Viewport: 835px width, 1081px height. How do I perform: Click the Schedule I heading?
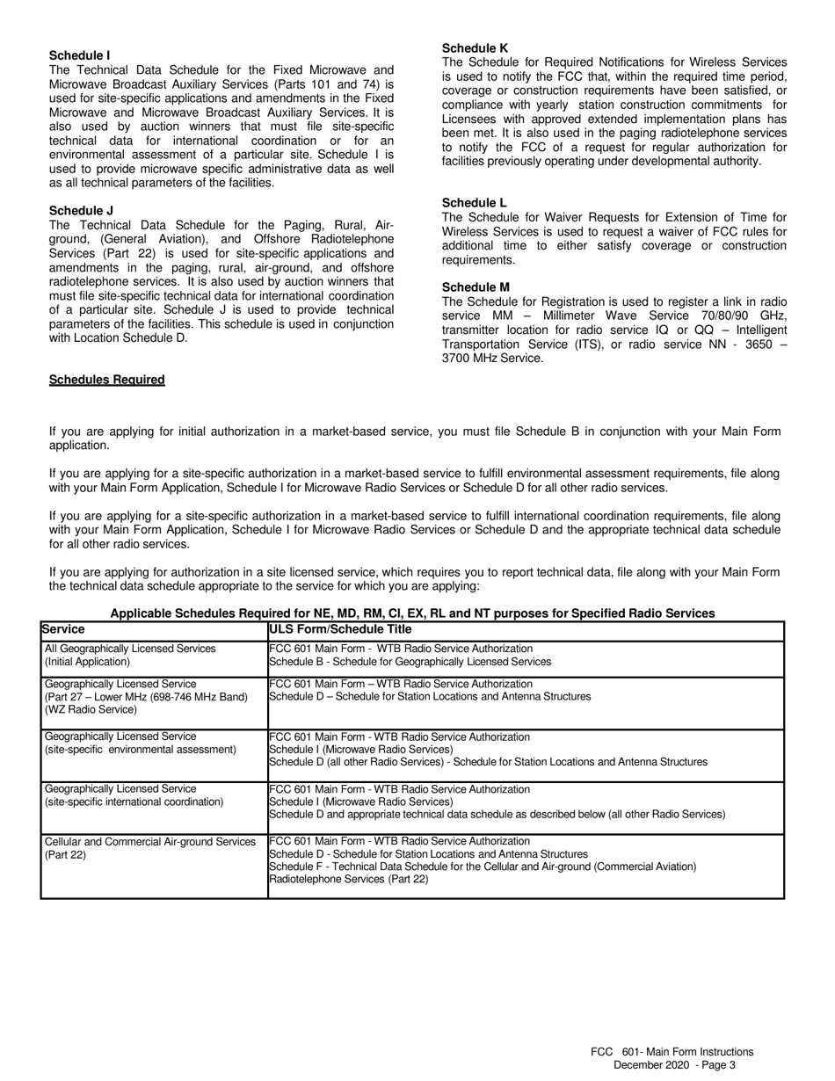click(x=80, y=55)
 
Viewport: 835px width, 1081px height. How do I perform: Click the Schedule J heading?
click(x=81, y=210)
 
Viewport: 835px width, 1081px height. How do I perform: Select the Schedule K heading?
click(x=475, y=47)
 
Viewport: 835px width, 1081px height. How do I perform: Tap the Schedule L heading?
click(x=474, y=202)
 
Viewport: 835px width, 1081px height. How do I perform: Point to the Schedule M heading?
click(x=476, y=287)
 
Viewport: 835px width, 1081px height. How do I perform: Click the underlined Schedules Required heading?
click(x=106, y=380)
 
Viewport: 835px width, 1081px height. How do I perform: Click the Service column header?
click(x=63, y=629)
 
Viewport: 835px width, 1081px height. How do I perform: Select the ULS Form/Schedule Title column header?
click(x=340, y=629)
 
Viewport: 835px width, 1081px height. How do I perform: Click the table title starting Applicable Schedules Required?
click(x=412, y=613)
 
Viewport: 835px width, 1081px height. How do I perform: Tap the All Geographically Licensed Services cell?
click(x=130, y=649)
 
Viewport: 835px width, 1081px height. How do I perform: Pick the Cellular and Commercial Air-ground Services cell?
click(x=149, y=842)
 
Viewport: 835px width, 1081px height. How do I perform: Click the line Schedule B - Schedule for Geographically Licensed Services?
click(x=410, y=662)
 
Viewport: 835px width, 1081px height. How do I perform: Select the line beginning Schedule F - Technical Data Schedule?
click(x=482, y=867)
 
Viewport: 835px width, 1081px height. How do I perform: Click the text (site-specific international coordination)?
click(x=134, y=802)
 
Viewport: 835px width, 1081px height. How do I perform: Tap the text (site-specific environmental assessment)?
click(x=141, y=750)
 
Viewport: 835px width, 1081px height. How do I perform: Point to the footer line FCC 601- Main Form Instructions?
click(x=672, y=1052)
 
